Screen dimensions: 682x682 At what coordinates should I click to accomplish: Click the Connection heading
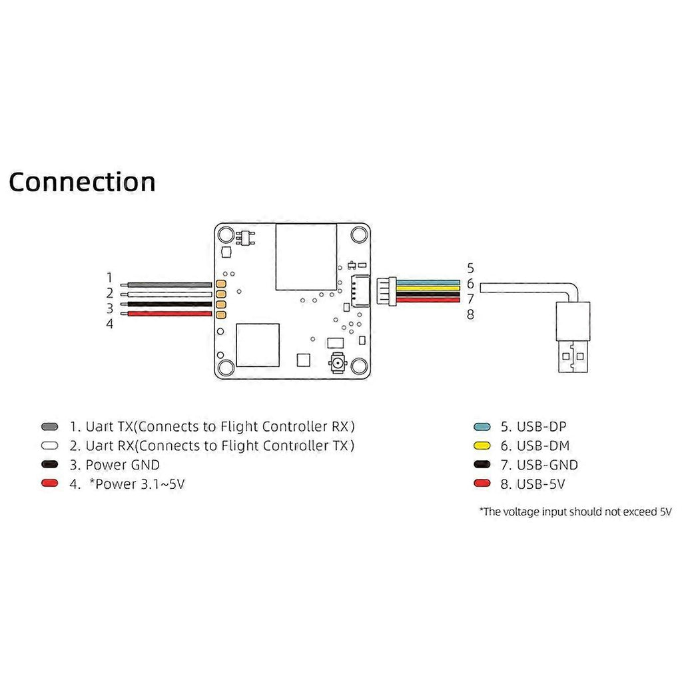(82, 181)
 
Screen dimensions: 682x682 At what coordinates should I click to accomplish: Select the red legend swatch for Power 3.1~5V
(49, 484)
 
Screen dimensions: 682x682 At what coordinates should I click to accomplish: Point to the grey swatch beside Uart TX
(49, 426)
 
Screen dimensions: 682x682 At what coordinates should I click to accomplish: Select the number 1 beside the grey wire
(110, 278)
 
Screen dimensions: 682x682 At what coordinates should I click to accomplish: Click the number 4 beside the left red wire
(110, 324)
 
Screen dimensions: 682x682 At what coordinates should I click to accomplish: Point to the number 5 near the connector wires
(470, 268)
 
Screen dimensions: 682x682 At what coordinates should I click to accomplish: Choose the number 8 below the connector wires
(470, 314)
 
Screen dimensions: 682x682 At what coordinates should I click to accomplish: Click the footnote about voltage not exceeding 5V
(575, 511)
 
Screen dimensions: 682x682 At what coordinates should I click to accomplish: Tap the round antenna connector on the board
(336, 364)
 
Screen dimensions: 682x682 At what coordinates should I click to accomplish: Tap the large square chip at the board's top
(306, 257)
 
